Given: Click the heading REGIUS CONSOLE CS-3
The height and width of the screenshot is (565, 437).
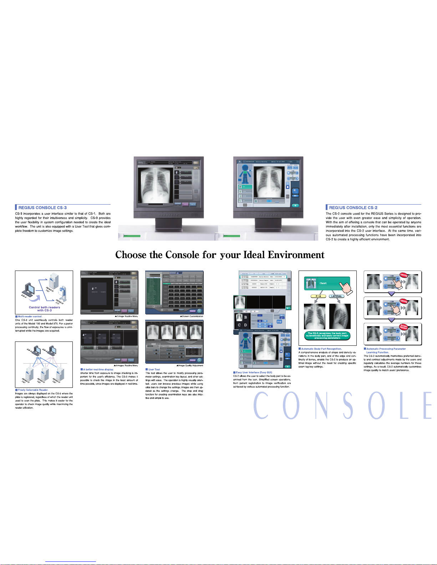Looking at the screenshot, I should [x=42, y=207].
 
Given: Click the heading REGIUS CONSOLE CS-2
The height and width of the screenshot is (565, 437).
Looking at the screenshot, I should [x=353, y=207].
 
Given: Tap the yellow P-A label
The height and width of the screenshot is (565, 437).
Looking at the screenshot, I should [x=318, y=296].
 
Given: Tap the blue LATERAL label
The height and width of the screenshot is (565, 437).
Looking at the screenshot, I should [x=336, y=296].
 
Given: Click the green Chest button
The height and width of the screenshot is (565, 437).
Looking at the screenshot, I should [x=323, y=283].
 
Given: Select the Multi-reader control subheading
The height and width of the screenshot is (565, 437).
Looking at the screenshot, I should [x=30, y=317].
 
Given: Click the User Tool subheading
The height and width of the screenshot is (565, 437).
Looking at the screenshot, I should [x=154, y=370].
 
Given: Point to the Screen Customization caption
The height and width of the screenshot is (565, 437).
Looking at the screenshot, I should [x=192, y=316].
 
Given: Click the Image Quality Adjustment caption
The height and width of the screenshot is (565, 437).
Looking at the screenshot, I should [x=190, y=365].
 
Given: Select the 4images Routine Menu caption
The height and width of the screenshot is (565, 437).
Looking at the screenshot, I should [x=126, y=365].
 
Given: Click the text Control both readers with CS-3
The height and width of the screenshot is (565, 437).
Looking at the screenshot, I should [x=44, y=309].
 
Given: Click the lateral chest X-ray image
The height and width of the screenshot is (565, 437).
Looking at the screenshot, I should [x=340, y=316].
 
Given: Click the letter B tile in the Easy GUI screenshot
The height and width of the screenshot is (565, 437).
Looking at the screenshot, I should [x=245, y=317].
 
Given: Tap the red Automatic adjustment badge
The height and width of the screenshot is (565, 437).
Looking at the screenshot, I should [x=403, y=327].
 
